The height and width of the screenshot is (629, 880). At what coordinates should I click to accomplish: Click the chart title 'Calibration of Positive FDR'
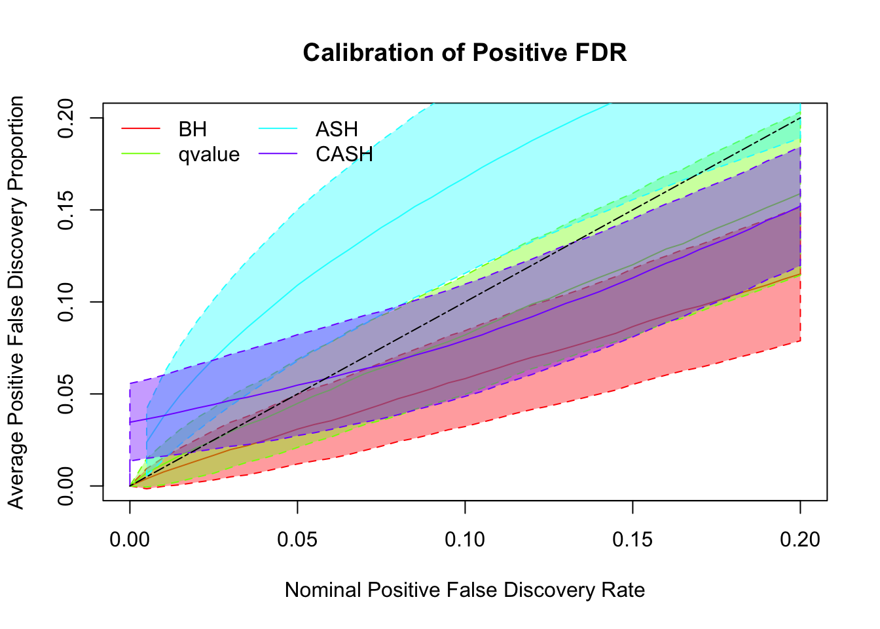coord(465,52)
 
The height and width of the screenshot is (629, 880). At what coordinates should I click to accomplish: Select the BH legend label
coord(192,129)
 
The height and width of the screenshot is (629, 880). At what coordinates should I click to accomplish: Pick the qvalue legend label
coord(209,155)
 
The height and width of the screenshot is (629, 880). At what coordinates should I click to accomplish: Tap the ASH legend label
coord(337,129)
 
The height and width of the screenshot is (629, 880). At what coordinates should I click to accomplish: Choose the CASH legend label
coord(344,155)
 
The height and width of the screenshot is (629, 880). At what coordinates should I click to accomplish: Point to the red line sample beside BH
coord(141,129)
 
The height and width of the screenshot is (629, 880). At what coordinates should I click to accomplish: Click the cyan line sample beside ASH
coord(278,129)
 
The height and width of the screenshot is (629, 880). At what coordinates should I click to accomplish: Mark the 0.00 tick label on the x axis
coord(130,539)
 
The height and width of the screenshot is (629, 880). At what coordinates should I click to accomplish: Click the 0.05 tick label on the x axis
coord(297,539)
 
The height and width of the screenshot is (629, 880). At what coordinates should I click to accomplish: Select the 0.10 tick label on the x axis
coord(465,539)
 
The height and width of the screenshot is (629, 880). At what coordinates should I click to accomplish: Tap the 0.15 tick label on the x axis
coord(632,539)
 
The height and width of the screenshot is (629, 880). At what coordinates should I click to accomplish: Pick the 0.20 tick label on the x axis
coord(800,539)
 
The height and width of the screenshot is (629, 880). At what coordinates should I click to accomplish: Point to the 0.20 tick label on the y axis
coord(67,118)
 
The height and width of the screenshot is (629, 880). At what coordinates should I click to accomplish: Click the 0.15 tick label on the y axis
coord(67,210)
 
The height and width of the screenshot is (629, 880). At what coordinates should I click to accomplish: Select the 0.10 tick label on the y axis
coord(67,302)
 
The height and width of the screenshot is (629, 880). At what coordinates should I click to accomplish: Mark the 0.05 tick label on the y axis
coord(67,394)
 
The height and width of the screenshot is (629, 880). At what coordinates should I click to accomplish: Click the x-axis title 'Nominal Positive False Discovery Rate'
coord(465,590)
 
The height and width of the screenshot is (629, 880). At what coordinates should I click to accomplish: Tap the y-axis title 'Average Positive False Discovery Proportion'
coord(16,302)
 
